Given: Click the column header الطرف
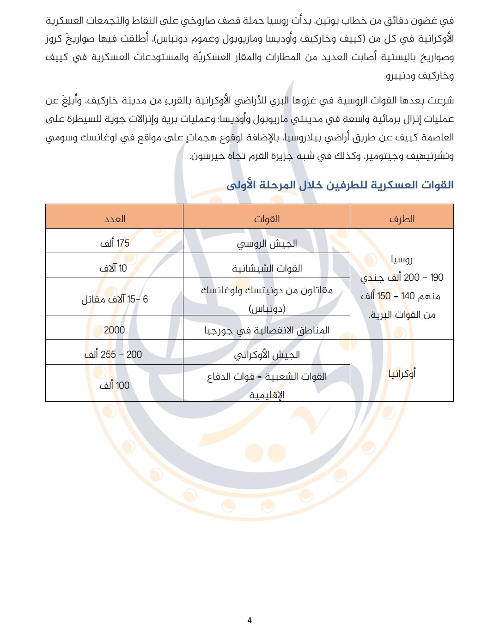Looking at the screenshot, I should pos(402,219).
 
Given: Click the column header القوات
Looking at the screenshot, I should pos(267,219).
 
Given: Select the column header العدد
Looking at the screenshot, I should pos(115,219).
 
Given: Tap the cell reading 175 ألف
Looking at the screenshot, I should pos(115,243).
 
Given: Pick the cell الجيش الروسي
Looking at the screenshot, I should pos(267,243).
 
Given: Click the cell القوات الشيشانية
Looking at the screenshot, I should pos(267,268).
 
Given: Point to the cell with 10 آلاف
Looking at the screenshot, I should pos(113,268).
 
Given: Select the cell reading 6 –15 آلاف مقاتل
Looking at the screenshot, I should pos(115,299).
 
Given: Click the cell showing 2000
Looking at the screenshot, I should pos(115,330).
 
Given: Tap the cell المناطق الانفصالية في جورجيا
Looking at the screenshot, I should pos(267,330).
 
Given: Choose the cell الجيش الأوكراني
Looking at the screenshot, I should pos(267,355).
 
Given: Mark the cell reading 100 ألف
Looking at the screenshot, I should pos(115,385).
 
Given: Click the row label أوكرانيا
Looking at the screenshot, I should pos(402,374).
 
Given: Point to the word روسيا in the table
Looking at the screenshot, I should pos(402,259).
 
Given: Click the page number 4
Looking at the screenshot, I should pos(249,620).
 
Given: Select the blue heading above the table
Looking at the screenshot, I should pos(340,185).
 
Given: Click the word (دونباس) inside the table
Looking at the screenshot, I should pos(267,308).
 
